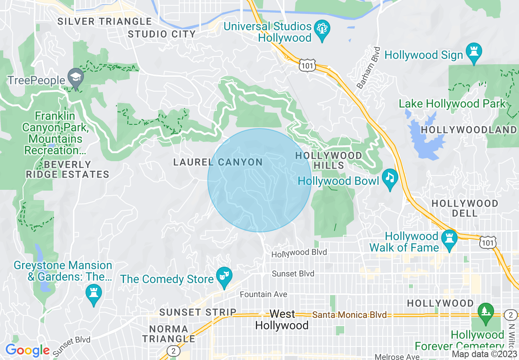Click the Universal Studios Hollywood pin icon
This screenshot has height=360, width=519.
click(322, 30)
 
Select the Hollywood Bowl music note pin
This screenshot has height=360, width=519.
click(390, 178)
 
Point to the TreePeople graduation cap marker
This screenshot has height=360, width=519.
click(76, 78)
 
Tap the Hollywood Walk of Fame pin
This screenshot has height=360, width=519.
click(449, 239)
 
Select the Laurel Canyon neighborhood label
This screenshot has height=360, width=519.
click(218, 162)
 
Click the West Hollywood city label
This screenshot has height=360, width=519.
click(282, 319)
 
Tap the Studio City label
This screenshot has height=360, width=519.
click(162, 34)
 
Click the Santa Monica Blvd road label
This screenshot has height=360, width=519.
click(349, 315)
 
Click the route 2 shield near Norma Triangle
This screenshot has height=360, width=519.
click(174, 351)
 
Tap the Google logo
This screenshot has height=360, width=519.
click(27, 350)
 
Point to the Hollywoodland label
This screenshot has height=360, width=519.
click(469, 130)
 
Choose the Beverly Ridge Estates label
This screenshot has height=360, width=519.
click(68, 169)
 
